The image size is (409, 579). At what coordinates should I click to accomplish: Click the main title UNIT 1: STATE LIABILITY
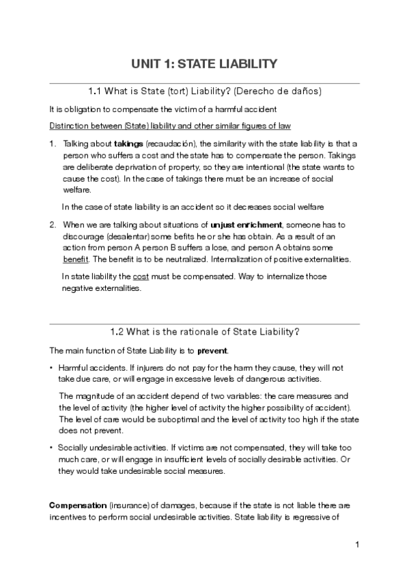[x=204, y=64]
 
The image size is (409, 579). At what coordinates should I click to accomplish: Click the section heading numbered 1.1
[x=205, y=91]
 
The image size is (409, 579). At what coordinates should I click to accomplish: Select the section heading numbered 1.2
[x=205, y=332]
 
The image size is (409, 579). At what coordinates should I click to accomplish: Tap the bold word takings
[x=128, y=144]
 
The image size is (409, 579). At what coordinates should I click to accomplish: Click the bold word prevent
[x=213, y=351]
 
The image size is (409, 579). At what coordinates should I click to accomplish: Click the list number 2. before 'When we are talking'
[x=53, y=224]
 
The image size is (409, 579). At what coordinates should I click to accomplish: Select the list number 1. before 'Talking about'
[x=53, y=144]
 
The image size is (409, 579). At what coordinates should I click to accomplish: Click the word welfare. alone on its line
[x=76, y=190]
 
